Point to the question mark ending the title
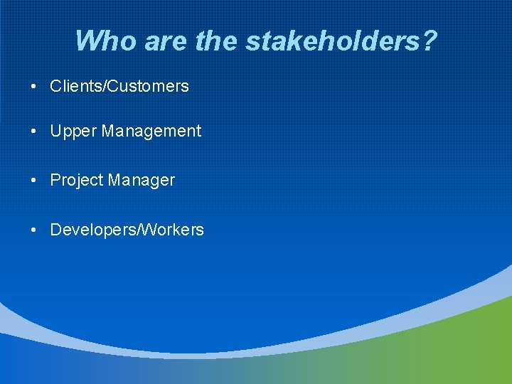[x=429, y=41]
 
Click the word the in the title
[x=218, y=41]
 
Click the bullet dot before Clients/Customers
[x=34, y=87]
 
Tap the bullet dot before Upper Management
[x=34, y=132]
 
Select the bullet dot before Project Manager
[x=34, y=181]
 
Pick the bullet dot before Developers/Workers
[x=34, y=230]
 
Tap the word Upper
[x=73, y=132]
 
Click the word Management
[x=151, y=132]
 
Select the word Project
[x=76, y=181]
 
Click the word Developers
[x=92, y=230]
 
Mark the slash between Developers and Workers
[x=138, y=230]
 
